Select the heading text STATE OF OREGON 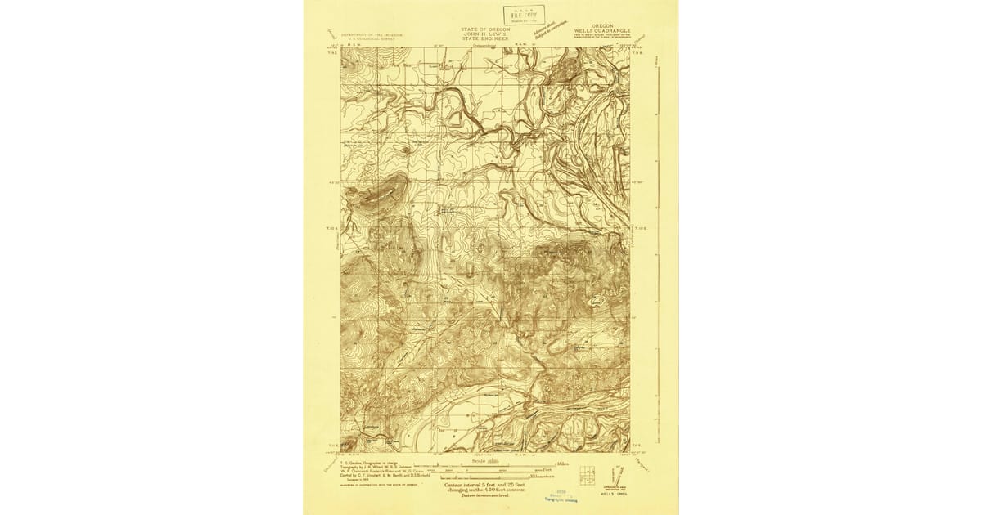[x=484, y=28]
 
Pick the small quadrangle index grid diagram [x=587, y=473]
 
